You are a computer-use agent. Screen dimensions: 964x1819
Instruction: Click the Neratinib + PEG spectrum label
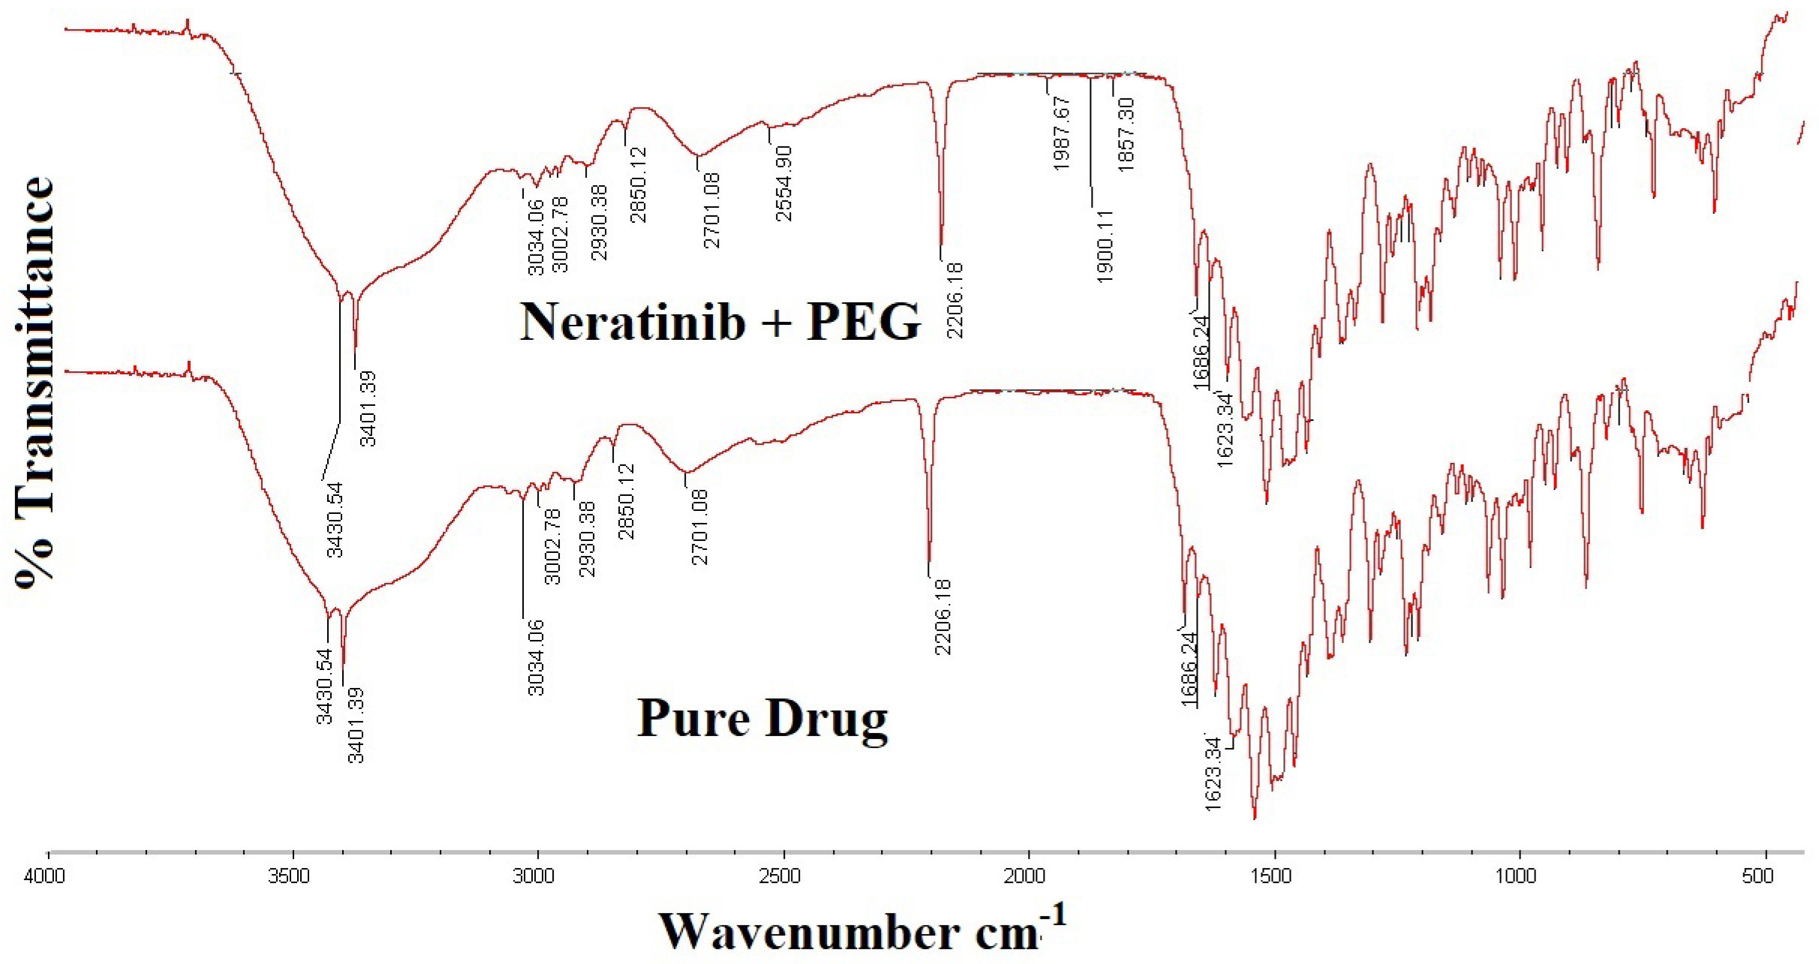[720, 322]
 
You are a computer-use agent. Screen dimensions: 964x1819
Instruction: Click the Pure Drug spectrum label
[762, 718]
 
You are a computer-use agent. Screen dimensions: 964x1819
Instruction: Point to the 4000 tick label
[45, 875]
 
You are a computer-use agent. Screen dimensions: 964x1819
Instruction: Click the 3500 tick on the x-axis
[293, 854]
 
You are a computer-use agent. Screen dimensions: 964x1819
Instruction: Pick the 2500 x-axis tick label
[780, 875]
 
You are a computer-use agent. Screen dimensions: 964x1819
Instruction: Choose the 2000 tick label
[1025, 875]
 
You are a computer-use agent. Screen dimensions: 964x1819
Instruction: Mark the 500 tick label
[1757, 875]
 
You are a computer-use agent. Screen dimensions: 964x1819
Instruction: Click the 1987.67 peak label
[1061, 134]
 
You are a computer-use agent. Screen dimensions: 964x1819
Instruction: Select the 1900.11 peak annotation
[1105, 246]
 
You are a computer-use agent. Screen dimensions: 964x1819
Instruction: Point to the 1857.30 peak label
[1126, 135]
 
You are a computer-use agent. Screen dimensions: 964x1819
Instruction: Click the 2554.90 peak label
[783, 184]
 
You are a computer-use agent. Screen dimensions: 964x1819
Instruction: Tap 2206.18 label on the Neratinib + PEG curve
[955, 300]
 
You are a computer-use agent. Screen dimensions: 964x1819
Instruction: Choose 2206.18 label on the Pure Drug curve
[943, 617]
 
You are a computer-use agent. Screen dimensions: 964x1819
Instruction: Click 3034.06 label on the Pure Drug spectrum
[535, 658]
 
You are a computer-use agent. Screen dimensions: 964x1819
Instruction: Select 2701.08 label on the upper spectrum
[711, 211]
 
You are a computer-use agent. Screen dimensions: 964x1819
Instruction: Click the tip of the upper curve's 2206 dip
[941, 245]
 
